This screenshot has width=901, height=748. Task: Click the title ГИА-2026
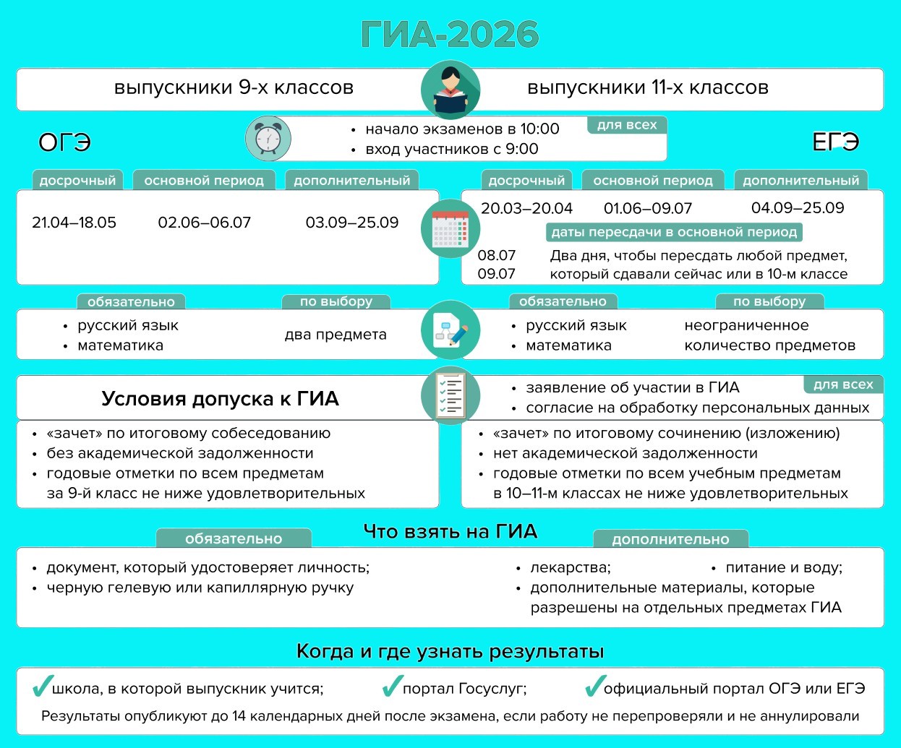(450, 34)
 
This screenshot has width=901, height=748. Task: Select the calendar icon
(450, 229)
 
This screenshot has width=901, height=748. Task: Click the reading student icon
(450, 90)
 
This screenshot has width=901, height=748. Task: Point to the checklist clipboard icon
(450, 395)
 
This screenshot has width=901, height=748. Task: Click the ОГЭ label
(64, 142)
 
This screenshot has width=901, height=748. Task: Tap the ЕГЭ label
(835, 142)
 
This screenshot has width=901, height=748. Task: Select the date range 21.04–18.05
(74, 223)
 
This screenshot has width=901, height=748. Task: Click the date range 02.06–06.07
(204, 223)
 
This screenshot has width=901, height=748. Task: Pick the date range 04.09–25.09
(798, 208)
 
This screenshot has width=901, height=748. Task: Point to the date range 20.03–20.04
(526, 208)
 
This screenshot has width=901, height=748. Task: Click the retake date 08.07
(496, 255)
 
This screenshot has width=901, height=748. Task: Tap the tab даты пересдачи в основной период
(674, 232)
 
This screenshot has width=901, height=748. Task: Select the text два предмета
(336, 335)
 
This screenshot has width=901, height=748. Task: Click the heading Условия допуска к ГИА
(220, 398)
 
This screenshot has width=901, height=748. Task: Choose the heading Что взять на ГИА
(450, 532)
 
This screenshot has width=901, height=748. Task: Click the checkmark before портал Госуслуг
(392, 686)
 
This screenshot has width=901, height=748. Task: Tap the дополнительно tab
(670, 539)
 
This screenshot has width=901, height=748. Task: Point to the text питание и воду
(784, 567)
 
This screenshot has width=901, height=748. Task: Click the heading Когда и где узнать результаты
(450, 651)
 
